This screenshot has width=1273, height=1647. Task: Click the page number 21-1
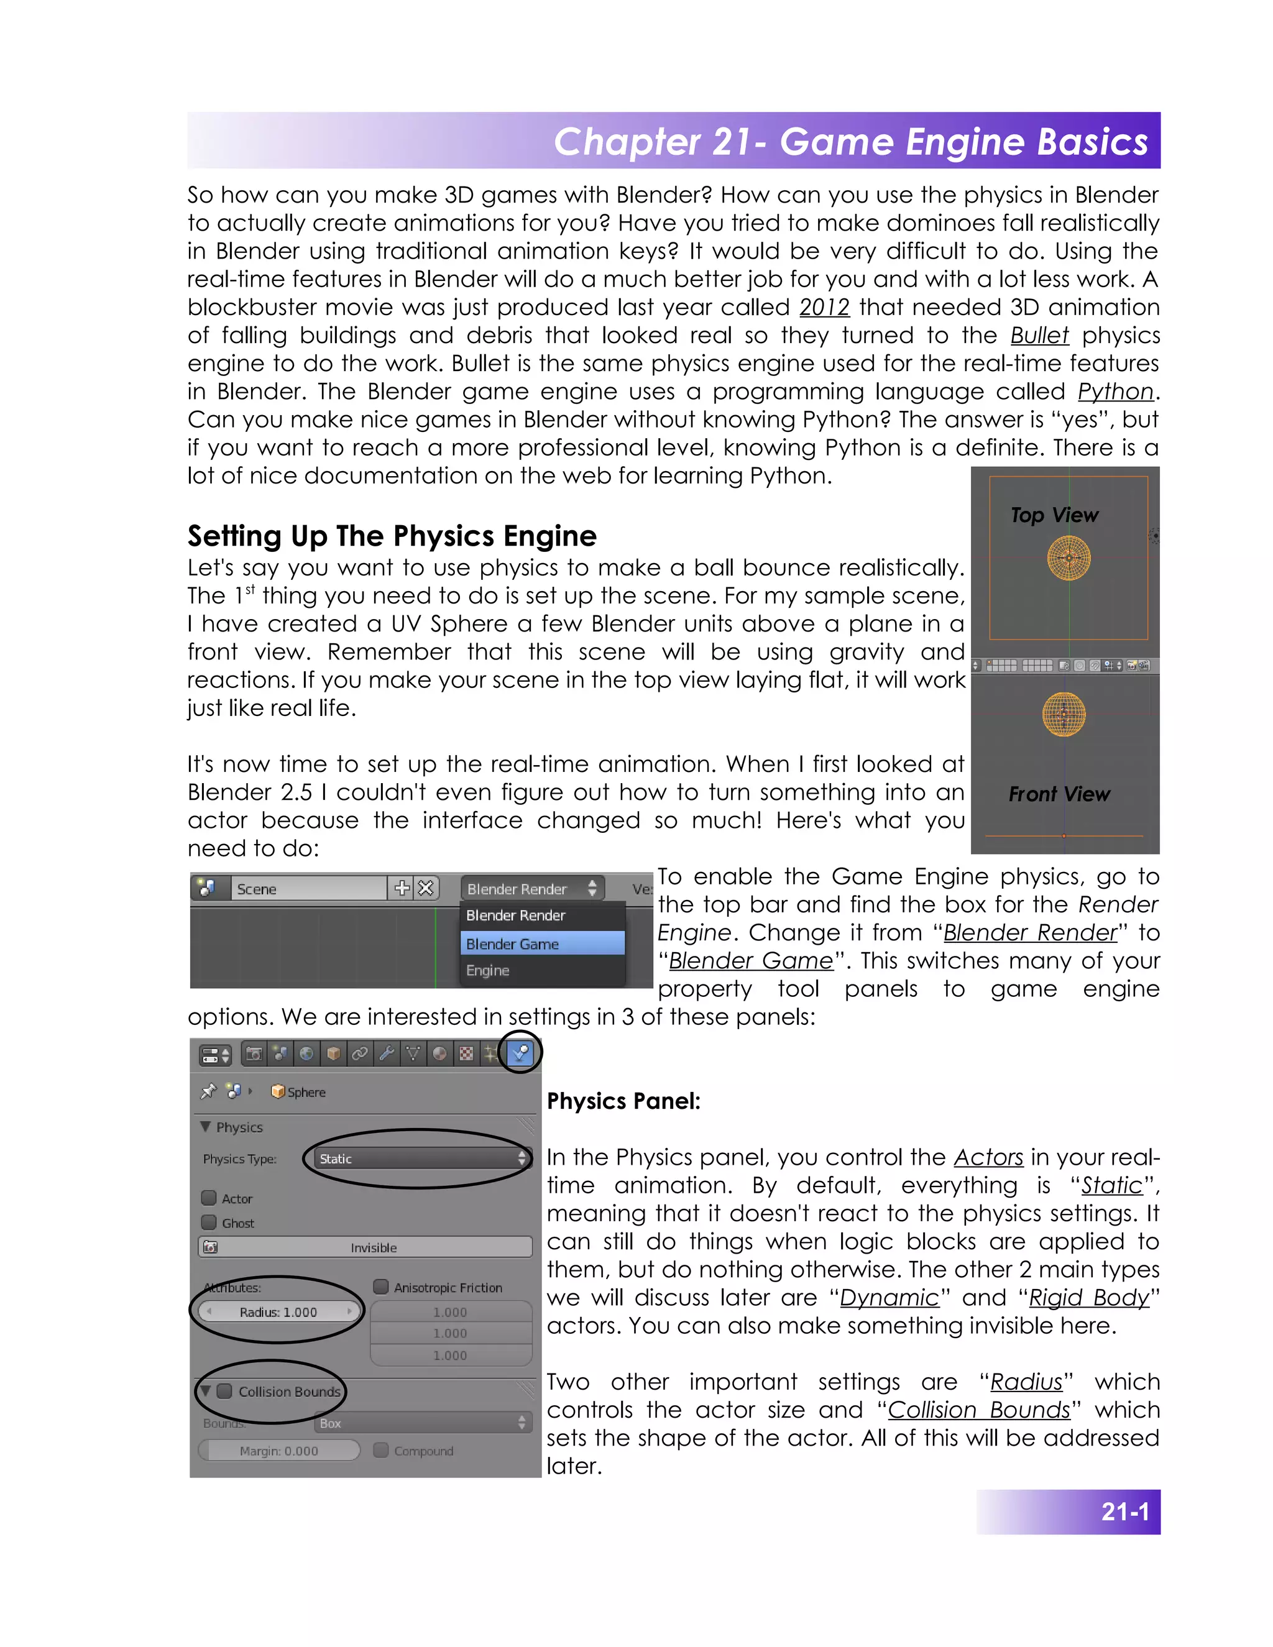(1124, 1512)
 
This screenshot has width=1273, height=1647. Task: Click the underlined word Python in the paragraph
(1114, 392)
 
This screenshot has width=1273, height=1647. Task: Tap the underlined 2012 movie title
(824, 307)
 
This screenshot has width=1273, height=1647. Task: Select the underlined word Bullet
(1039, 335)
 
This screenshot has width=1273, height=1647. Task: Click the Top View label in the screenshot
(1054, 515)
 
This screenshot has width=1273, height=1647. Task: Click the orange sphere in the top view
(1068, 558)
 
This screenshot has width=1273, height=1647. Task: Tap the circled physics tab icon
(520, 1053)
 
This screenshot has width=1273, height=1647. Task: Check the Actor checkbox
(209, 1198)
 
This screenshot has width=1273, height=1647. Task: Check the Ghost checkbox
(209, 1223)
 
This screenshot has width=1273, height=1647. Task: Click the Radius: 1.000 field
(278, 1312)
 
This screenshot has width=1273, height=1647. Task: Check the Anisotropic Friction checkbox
(381, 1287)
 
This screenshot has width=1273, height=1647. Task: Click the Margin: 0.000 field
(278, 1451)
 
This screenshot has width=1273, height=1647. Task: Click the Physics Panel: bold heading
(623, 1101)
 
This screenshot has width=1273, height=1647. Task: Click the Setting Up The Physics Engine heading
(392, 536)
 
